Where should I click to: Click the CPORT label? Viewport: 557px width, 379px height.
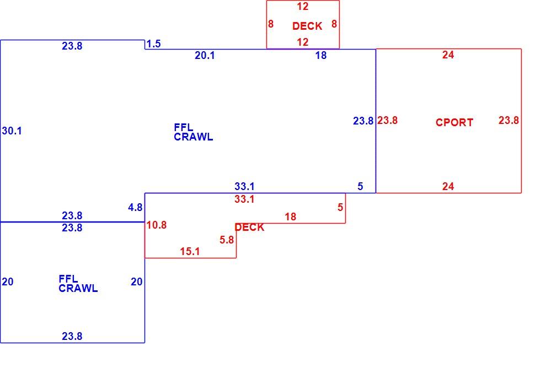(x=454, y=122)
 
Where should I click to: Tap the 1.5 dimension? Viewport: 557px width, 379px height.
(x=154, y=44)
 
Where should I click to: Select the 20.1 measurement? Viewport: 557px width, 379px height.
(x=205, y=55)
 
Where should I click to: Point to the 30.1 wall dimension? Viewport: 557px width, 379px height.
(x=12, y=131)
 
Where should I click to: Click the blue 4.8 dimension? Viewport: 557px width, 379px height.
(x=135, y=208)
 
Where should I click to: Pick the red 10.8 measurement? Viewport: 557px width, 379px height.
(x=156, y=225)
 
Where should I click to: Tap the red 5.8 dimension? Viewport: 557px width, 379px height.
(x=227, y=240)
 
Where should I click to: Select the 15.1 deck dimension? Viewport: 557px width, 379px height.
(x=190, y=252)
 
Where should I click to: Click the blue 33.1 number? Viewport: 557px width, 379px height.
(x=244, y=186)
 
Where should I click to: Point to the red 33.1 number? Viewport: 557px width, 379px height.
(x=244, y=199)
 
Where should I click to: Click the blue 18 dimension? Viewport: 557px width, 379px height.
(x=321, y=55)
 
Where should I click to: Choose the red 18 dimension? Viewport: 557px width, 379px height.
(x=290, y=217)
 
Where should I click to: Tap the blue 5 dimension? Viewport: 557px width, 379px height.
(x=360, y=186)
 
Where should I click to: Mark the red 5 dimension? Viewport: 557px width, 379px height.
(x=340, y=207)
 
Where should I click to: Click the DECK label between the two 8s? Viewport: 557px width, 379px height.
(x=307, y=26)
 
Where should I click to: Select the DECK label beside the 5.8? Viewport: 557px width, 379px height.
(x=249, y=228)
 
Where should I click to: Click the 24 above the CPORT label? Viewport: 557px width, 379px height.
(x=448, y=55)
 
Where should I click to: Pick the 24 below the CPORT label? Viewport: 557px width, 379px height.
(x=448, y=186)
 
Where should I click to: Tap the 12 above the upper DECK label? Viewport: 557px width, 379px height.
(x=303, y=7)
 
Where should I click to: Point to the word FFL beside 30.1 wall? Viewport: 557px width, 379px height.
(x=184, y=127)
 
